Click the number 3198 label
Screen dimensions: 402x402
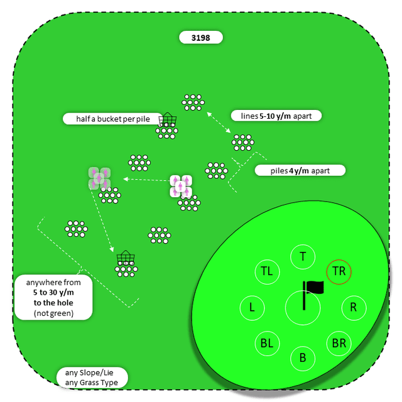coord(201,38)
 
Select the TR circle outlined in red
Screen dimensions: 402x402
coord(339,272)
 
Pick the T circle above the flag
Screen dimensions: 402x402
coord(303,256)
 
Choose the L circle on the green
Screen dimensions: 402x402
coord(252,308)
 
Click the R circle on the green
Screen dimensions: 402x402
coord(354,308)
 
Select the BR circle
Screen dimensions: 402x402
coord(339,344)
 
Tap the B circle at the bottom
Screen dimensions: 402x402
coord(303,358)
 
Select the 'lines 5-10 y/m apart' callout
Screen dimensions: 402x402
coord(276,116)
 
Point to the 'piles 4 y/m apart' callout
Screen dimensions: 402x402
coord(300,170)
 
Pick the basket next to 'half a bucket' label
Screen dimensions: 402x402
coord(168,120)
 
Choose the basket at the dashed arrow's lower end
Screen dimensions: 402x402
coord(126,258)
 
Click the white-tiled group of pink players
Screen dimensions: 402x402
coord(180,186)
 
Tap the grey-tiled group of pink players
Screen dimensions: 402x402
coord(99,178)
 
